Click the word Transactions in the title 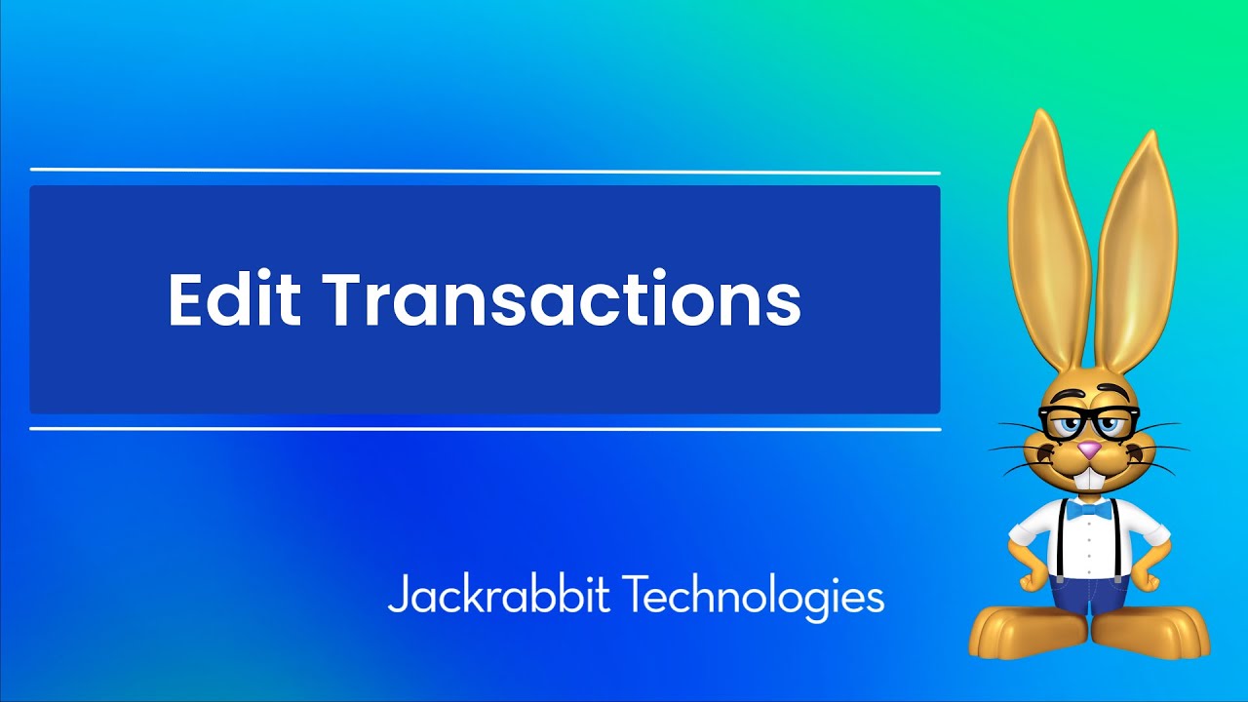tap(563, 299)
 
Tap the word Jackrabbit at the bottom tap(498, 594)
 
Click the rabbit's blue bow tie tap(1088, 510)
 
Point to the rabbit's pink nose tap(1089, 449)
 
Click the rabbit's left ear tap(1049, 244)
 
